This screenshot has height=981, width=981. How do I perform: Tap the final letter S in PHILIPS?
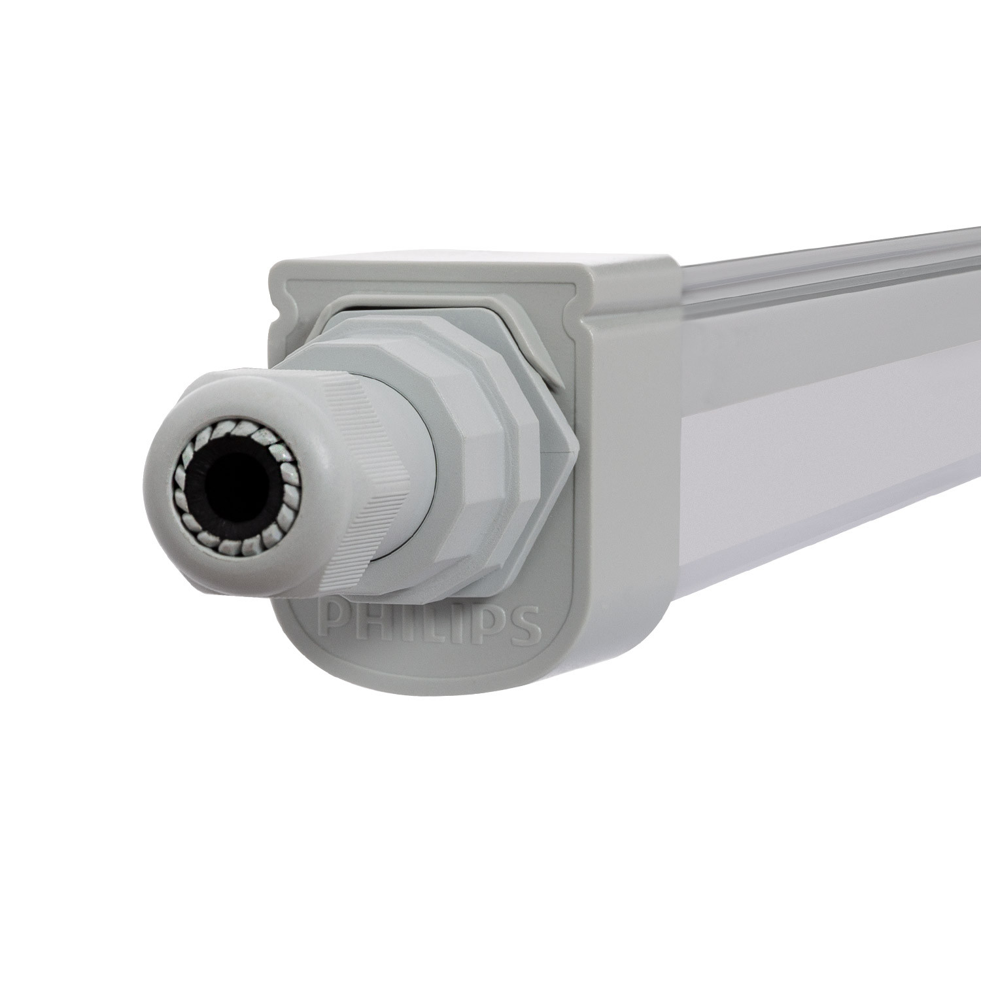pyautogui.click(x=523, y=626)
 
